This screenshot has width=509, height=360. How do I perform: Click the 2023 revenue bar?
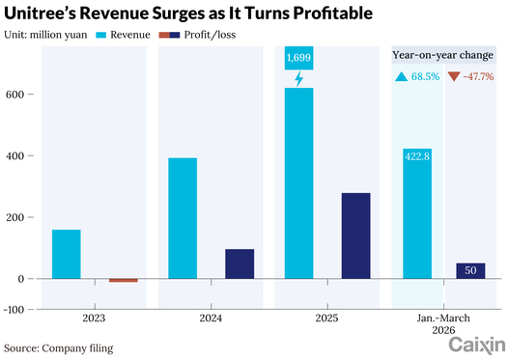point(67,254)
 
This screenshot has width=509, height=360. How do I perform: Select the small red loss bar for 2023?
point(124,280)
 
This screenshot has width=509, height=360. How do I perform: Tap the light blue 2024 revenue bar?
point(183,218)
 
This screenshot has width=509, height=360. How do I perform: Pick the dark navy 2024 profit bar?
point(240,263)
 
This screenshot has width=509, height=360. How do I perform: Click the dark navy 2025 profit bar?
point(355,235)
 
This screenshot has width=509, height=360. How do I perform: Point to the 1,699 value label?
point(299,58)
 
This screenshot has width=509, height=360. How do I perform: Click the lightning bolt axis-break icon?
point(299,79)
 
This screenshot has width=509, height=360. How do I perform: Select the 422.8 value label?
point(417,156)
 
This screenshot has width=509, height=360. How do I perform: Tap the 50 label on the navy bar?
point(470,270)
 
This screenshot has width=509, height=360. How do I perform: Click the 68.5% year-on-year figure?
point(425,76)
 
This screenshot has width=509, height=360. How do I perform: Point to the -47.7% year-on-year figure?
point(478,76)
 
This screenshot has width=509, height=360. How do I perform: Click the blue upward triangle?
point(401,76)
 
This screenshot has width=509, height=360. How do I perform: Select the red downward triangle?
point(454,77)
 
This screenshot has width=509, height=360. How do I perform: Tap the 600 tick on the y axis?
point(14,95)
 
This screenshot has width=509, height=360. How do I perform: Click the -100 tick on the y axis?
point(14,310)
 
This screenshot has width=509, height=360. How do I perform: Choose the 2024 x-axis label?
point(211,318)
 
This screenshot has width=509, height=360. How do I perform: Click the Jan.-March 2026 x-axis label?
point(443,324)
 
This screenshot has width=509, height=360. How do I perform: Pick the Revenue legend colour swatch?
point(101,35)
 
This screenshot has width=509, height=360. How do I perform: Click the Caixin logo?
point(477,346)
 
